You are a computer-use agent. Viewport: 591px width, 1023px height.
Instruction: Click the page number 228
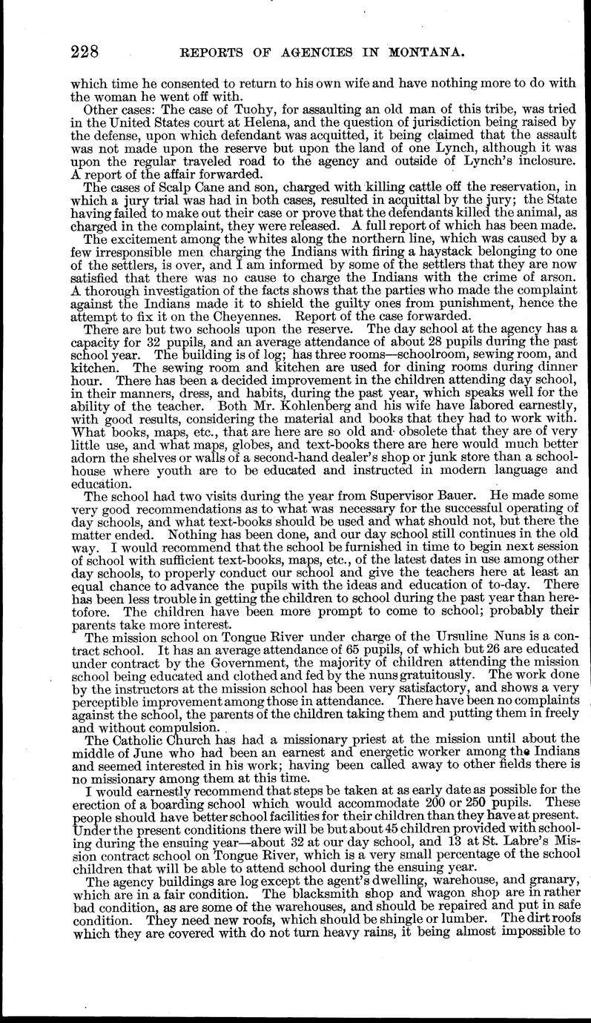point(85,52)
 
